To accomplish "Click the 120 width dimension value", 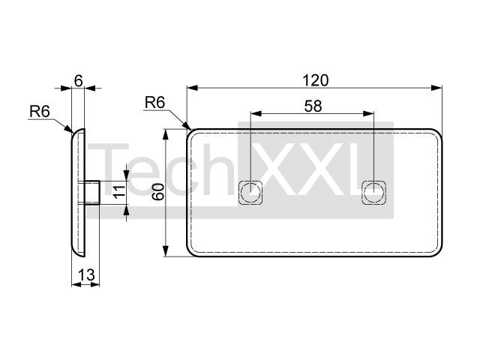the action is coord(315,80).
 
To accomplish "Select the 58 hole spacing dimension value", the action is coord(313,106).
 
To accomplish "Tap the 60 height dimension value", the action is coord(158,192).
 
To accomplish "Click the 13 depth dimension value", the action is coord(87,274).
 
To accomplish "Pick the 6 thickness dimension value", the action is coord(78,81).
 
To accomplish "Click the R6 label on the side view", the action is coord(40,112).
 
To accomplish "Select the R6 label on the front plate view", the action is coord(154,102).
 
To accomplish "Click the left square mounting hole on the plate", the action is coord(250,193).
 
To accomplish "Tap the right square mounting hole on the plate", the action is coord(373,193).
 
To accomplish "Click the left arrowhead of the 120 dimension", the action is coord(192,88).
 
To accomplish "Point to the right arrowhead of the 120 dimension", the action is coord(436,88).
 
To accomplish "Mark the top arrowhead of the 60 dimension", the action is coord(166,135).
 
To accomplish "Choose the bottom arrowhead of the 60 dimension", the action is coord(166,250).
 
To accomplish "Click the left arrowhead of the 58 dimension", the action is coord(256,113).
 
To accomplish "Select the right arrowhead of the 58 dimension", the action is coord(368,113).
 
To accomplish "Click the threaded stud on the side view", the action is coord(92,193).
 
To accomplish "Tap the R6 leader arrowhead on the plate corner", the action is coord(187,125).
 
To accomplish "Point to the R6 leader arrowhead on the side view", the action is coord(68,128).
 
